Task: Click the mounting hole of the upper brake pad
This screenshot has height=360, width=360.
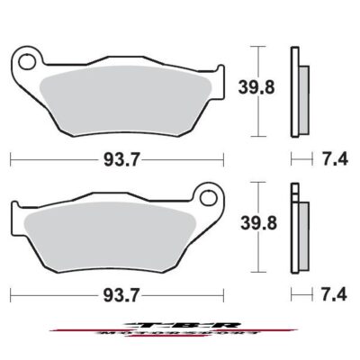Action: click(27, 62)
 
